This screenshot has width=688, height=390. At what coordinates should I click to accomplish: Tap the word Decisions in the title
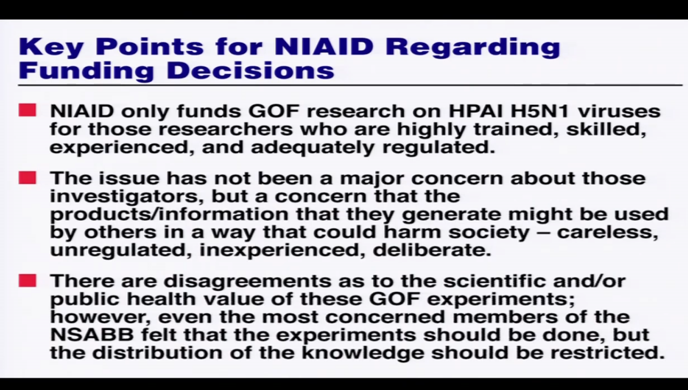[x=251, y=70]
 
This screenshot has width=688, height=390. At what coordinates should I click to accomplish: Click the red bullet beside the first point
[x=27, y=110]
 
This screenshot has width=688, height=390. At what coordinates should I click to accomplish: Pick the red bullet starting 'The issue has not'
[x=27, y=178]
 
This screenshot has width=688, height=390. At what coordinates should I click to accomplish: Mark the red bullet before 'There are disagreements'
[x=27, y=281]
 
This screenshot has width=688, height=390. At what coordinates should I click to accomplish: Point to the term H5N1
[x=540, y=111]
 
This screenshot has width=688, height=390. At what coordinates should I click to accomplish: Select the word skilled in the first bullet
[x=606, y=129]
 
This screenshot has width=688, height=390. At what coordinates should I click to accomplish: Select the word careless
[x=608, y=232]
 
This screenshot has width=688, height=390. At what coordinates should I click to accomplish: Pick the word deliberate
[x=432, y=250]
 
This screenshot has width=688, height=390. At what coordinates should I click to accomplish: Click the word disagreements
[x=247, y=281]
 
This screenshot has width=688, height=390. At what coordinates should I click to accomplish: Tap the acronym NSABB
[x=92, y=335]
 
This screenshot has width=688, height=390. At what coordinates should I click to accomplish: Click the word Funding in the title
[x=86, y=71]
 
